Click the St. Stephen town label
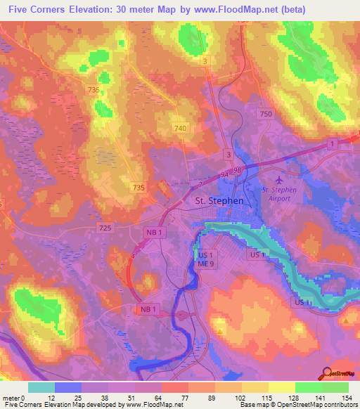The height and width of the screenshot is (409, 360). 218,201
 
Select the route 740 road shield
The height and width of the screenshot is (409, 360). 181,128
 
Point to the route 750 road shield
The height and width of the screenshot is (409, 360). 265,114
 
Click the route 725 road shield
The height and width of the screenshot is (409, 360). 105,229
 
